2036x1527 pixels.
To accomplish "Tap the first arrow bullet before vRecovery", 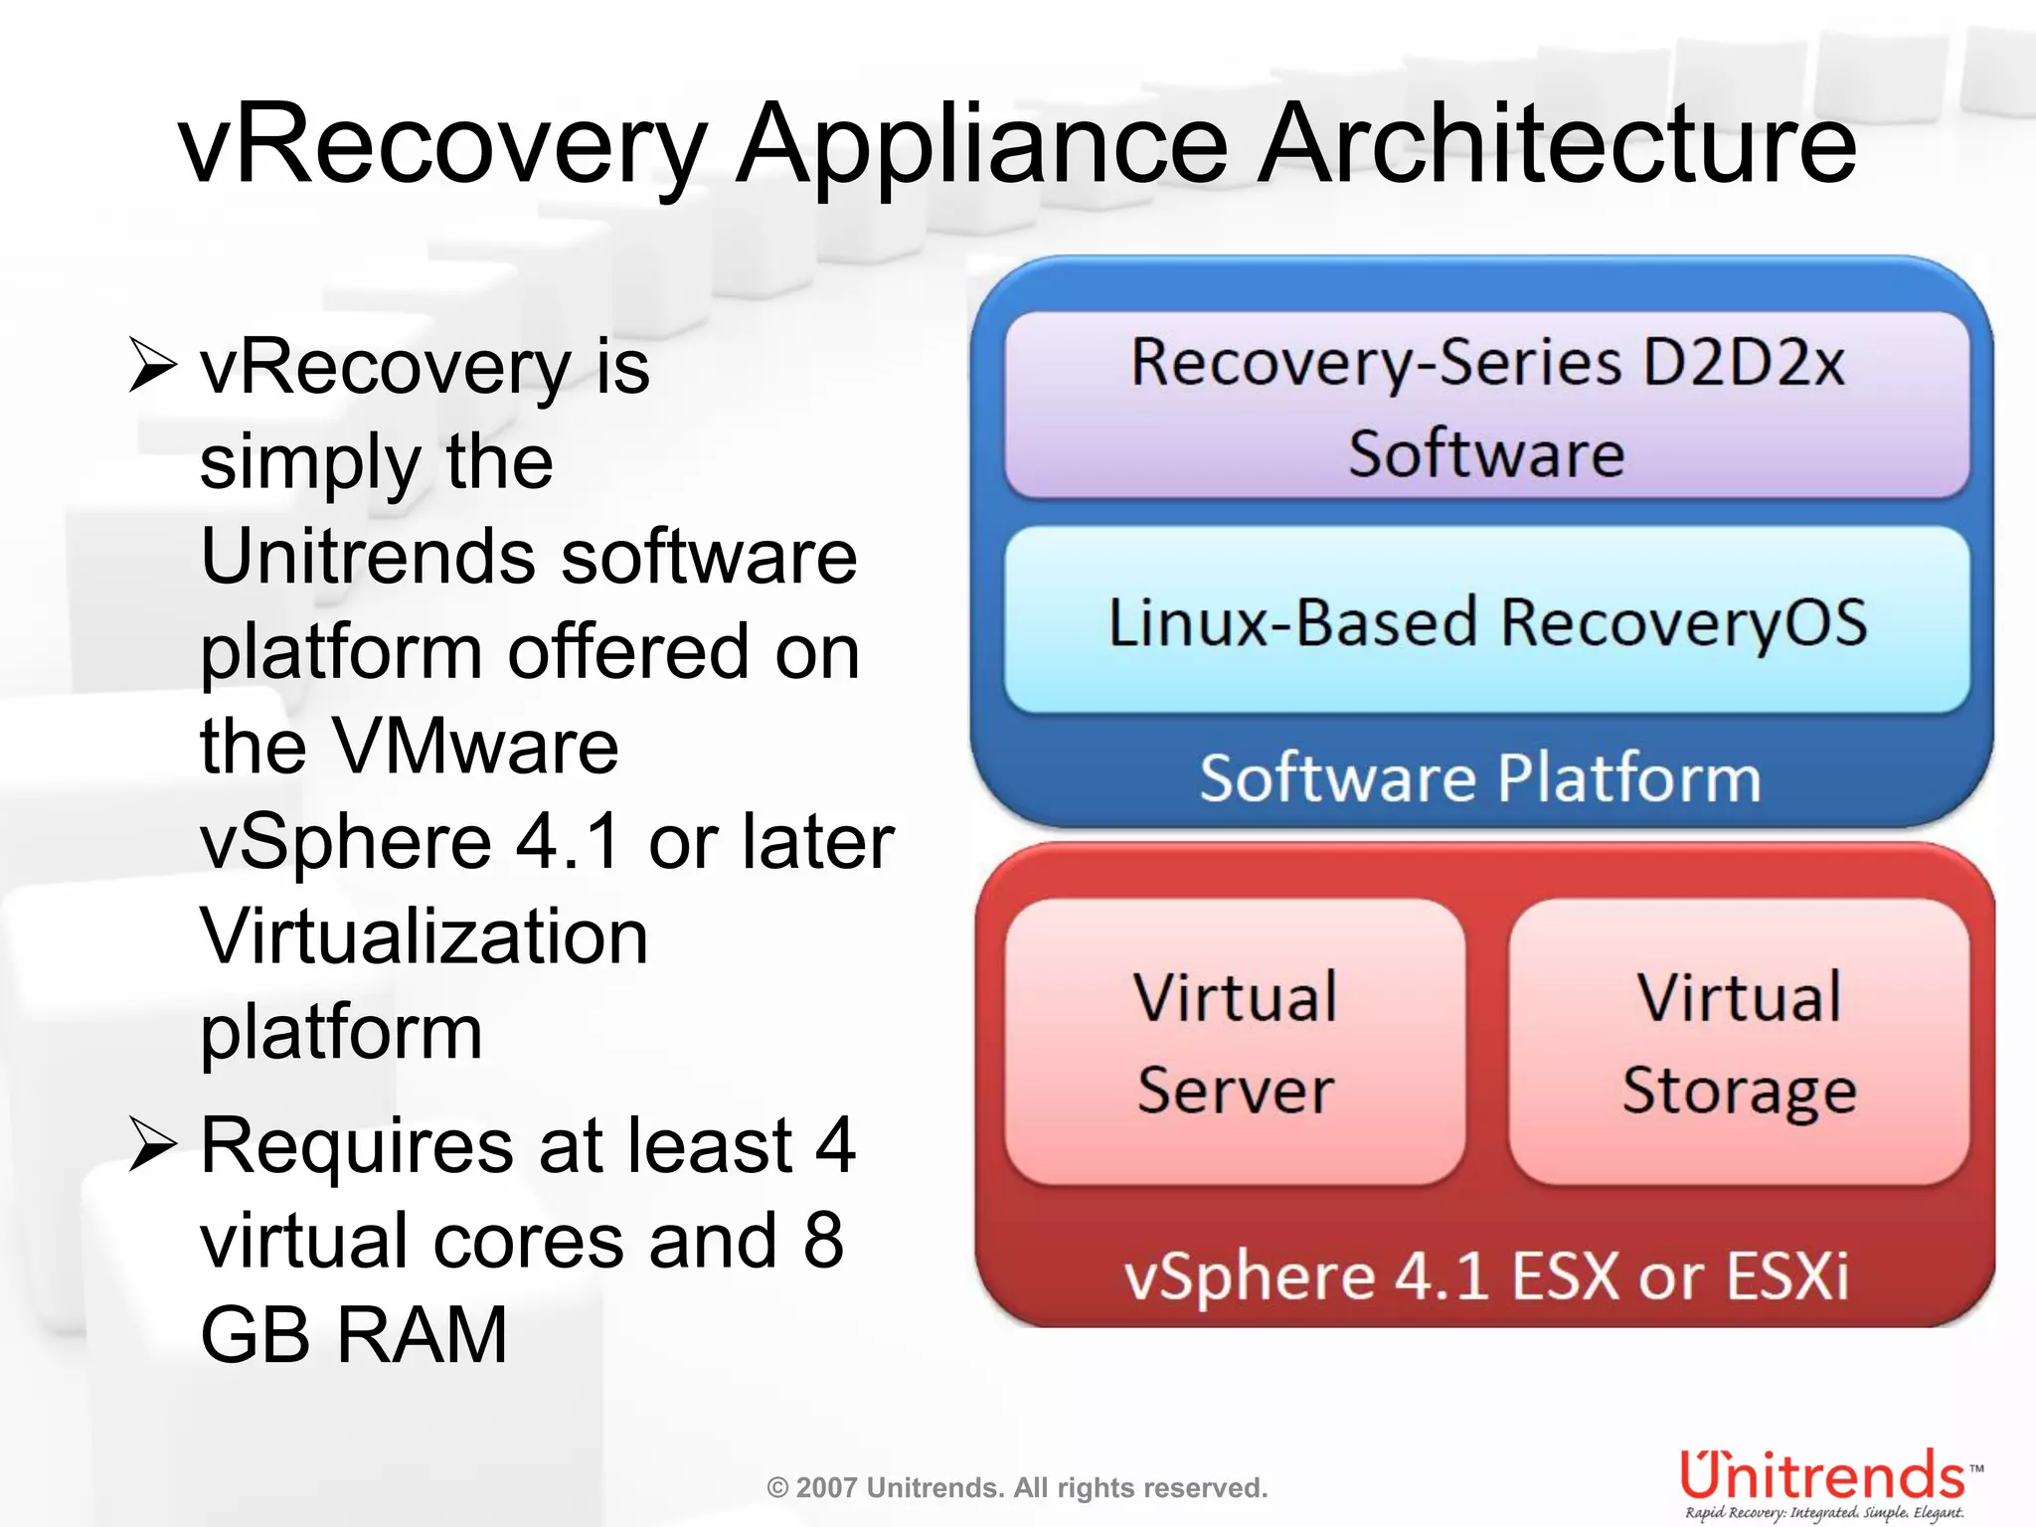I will click(153, 366).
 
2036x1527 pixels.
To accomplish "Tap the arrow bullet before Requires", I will click(153, 1145).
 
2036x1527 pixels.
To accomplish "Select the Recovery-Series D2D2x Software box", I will click(1487, 406).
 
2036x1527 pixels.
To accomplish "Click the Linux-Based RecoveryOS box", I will click(1487, 621).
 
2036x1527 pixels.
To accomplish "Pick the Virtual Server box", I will click(1236, 1042).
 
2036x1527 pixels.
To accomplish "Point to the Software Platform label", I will click(1480, 777).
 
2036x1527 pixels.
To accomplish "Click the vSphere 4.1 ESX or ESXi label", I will click(1486, 1275).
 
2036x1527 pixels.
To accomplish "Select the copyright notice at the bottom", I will click(1017, 1488).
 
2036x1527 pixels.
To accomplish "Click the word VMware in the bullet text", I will click(475, 747).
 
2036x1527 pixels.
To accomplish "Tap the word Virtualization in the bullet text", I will click(424, 936).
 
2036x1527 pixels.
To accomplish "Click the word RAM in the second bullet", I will click(423, 1335).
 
